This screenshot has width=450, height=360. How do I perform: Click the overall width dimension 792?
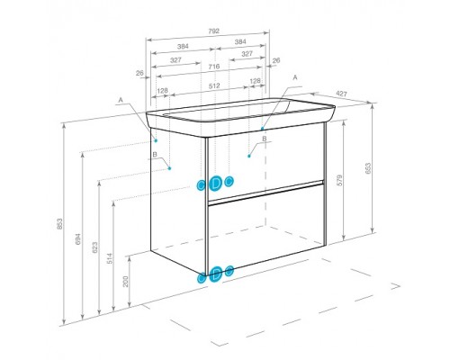213,31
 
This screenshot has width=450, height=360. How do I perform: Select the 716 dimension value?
214,67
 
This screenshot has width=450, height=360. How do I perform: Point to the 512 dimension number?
214,85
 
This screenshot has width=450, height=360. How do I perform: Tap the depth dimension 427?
341,94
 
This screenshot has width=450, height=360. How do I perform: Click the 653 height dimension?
368,168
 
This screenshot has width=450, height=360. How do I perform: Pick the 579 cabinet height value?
339,180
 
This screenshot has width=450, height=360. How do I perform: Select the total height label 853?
59,224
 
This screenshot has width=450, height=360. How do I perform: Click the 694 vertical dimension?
77,239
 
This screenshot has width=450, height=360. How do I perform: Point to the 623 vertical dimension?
94,247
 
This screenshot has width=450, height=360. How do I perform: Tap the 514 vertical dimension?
110,258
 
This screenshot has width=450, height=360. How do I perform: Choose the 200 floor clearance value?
126,282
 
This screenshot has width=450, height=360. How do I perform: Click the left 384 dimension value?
183,47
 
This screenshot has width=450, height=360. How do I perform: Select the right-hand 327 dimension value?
247,54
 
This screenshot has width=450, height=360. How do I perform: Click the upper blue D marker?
215,184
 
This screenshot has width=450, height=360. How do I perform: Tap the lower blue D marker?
216,274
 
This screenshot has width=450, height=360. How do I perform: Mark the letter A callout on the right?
295,77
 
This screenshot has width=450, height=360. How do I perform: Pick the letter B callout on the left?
155,155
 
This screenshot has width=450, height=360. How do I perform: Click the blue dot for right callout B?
249,156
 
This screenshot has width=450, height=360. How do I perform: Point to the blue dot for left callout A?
156,140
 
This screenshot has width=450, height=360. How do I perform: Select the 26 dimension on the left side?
139,73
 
